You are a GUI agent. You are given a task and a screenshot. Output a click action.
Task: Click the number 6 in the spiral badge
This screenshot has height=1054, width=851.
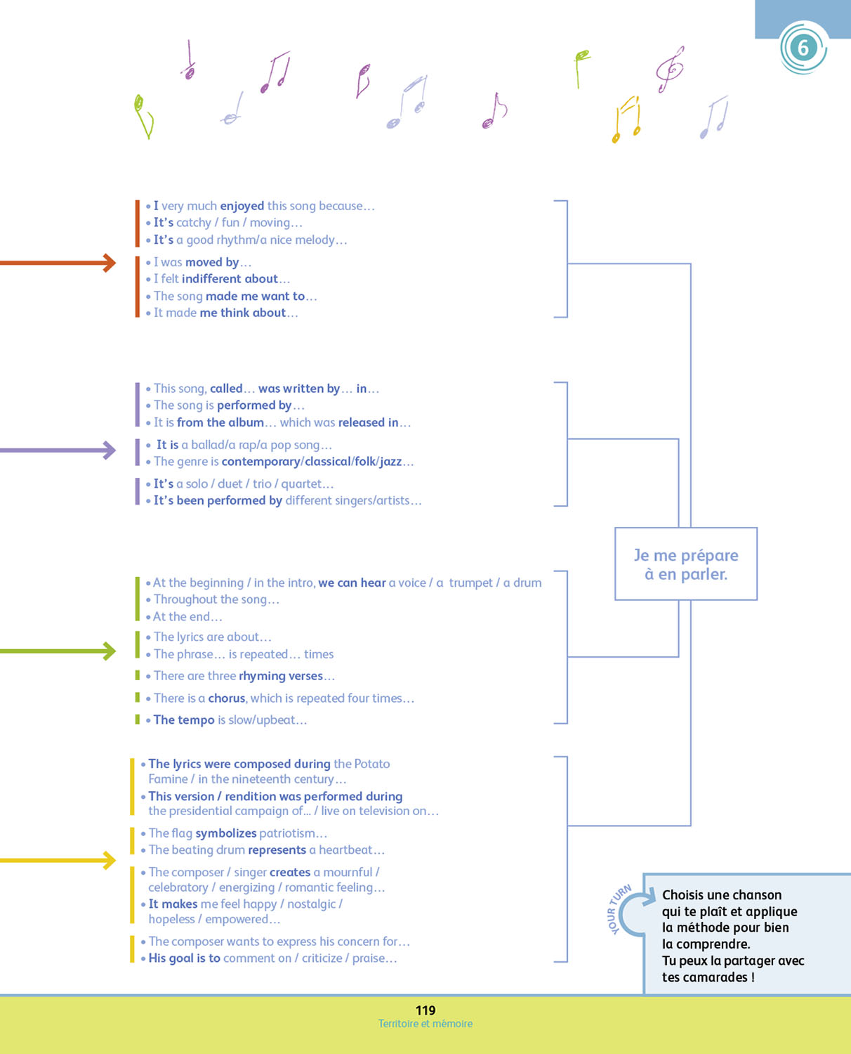(x=803, y=48)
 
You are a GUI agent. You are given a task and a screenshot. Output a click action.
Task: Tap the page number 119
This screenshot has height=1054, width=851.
(x=425, y=1010)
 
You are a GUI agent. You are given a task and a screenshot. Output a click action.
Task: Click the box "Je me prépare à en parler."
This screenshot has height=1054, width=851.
(x=686, y=564)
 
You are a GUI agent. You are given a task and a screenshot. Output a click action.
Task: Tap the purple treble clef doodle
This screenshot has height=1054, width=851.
(x=670, y=69)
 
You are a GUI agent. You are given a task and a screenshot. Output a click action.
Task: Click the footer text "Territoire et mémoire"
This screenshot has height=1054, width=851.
(x=425, y=1024)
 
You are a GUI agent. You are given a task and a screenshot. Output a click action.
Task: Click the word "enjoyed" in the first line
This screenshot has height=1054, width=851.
(x=242, y=206)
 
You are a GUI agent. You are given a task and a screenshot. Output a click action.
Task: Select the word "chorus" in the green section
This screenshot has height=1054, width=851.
(x=227, y=698)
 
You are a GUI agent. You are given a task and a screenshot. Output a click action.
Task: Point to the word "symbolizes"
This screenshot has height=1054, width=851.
(x=226, y=833)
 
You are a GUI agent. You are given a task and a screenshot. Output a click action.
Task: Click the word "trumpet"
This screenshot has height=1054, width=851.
(x=470, y=583)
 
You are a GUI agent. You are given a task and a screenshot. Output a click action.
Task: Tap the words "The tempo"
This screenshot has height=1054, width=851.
(x=184, y=720)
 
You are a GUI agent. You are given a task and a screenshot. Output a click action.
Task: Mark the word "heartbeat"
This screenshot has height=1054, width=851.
(x=345, y=850)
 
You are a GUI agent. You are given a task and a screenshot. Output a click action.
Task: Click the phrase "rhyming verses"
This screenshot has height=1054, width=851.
(x=281, y=676)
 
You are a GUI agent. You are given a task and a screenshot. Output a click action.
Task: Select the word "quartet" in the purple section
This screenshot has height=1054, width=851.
(x=301, y=484)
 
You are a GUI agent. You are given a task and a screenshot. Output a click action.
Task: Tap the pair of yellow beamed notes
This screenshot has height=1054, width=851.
(x=627, y=119)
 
